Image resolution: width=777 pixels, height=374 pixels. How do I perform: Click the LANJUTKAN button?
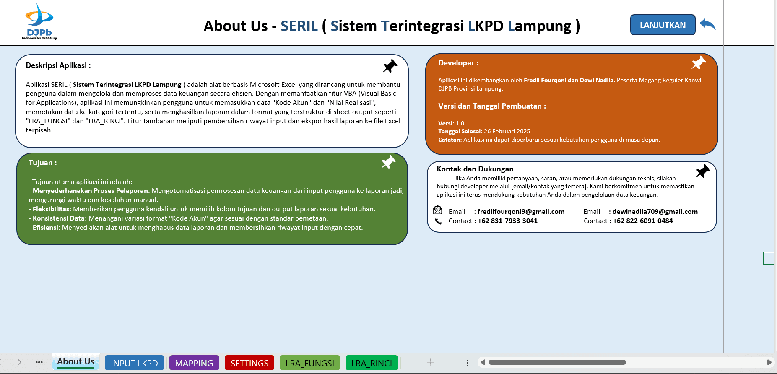[663, 25]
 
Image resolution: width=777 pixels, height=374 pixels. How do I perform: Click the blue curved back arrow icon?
[708, 24]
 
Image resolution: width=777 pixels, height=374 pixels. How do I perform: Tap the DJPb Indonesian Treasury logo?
[39, 22]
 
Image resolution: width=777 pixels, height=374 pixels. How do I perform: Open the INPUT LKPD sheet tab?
[134, 363]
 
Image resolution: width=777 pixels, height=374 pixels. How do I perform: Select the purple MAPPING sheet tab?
[194, 363]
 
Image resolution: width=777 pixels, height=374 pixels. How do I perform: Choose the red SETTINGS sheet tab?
[249, 363]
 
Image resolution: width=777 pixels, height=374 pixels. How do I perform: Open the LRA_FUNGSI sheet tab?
[310, 363]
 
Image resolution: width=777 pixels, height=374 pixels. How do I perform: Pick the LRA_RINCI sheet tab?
[372, 363]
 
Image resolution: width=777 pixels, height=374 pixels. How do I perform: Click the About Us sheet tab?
[75, 361]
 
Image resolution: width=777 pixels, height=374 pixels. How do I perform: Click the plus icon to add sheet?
[431, 362]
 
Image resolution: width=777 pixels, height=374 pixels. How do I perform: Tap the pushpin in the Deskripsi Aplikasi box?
[390, 66]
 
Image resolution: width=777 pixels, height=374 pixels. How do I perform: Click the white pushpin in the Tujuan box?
[388, 162]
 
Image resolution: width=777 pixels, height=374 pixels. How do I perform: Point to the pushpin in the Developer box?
[699, 63]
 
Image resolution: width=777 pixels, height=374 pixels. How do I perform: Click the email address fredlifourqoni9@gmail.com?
[521, 212]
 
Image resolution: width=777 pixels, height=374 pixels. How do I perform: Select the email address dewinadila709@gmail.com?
[655, 212]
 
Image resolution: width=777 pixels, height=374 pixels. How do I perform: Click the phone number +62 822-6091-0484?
[643, 221]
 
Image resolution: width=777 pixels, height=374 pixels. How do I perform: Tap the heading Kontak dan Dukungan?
[475, 169]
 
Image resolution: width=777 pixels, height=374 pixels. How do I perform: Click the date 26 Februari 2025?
[507, 131]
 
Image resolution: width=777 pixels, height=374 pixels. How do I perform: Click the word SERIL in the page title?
[299, 26]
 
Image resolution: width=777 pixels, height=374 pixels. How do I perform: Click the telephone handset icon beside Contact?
[438, 221]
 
